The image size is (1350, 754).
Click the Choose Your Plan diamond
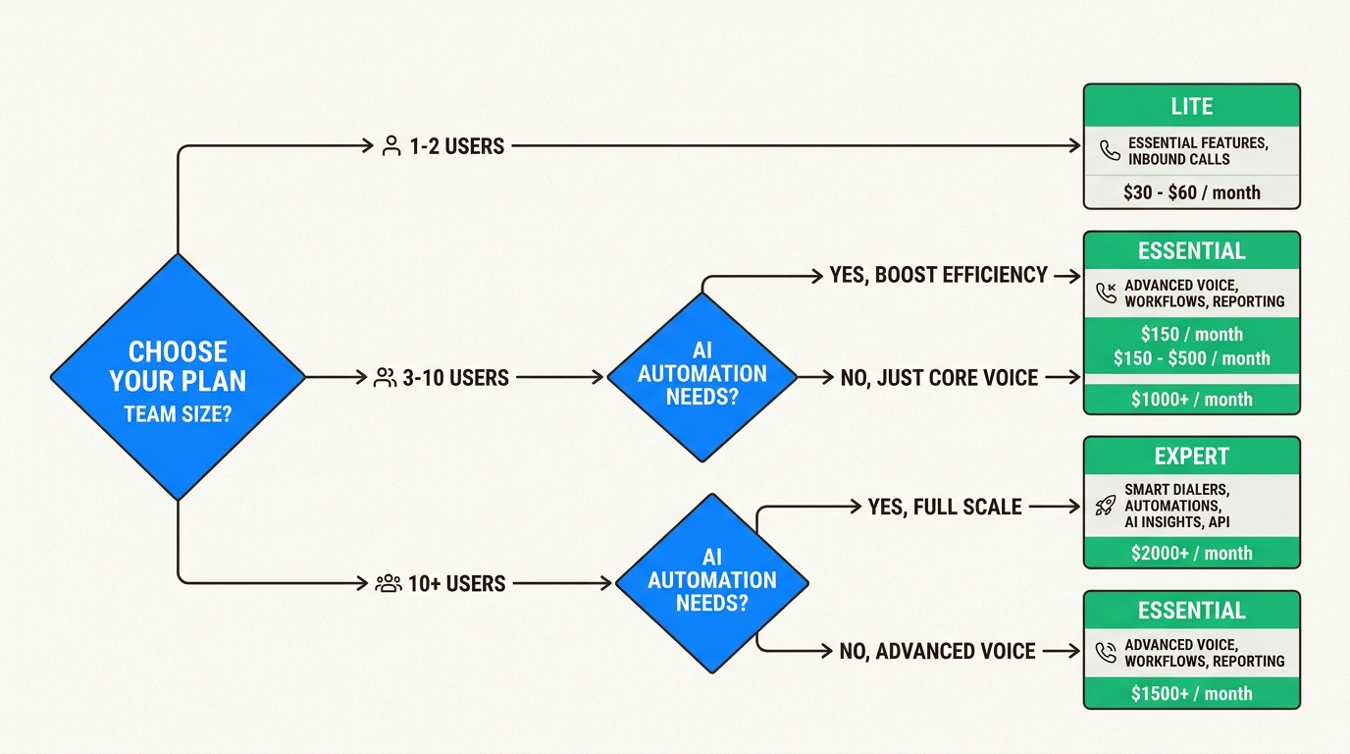coord(178,378)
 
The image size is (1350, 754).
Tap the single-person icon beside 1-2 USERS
coord(391,146)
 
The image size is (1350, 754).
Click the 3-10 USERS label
coord(455,377)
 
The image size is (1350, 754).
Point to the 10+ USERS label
coord(456,583)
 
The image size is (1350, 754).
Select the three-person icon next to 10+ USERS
coord(389,583)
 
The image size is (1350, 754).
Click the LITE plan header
coord(1191,106)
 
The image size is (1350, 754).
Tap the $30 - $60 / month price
coord(1191,192)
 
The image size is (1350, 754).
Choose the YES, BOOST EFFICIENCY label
coord(938,275)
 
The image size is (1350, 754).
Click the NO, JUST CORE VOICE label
coord(939,377)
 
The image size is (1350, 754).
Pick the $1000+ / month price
coord(1191,399)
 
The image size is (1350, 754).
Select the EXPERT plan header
coord(1191,457)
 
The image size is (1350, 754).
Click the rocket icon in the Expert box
coord(1105,506)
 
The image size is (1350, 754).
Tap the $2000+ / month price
coord(1191,553)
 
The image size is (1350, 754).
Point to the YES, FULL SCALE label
coord(944,507)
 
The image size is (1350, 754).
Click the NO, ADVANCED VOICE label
coord(937,651)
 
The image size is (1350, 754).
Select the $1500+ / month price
coord(1191,693)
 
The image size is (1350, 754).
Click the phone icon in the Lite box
coord(1110,150)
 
